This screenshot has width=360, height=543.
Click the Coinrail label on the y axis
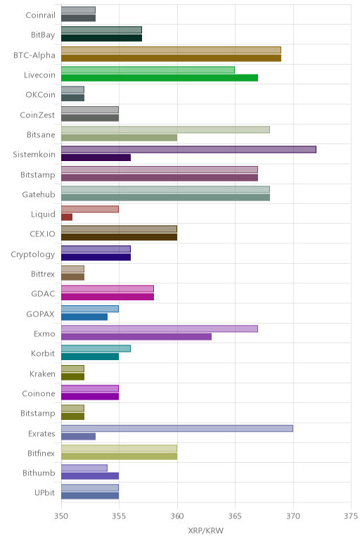click(x=40, y=15)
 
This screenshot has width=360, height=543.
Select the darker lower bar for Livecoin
click(x=160, y=77)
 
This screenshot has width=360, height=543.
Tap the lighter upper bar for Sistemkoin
click(x=188, y=149)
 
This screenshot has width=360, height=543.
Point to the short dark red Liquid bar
click(x=67, y=217)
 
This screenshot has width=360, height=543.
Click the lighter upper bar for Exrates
click(x=177, y=428)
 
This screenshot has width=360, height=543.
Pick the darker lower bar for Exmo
click(x=136, y=337)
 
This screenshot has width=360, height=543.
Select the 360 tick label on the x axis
click(x=177, y=516)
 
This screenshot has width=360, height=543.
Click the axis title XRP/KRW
click(x=206, y=530)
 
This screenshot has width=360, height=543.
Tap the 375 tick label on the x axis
click(x=351, y=516)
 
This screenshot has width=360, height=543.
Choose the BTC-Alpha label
click(x=34, y=55)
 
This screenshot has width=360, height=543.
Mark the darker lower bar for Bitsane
click(x=119, y=137)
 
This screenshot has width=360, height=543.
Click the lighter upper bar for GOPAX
click(x=90, y=309)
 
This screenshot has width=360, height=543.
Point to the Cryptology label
click(x=33, y=255)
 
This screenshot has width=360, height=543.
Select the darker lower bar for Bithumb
click(x=90, y=475)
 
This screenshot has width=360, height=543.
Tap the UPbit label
click(x=45, y=492)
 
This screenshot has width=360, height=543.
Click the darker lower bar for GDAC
click(x=108, y=297)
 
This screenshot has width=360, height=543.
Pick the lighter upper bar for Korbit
click(x=96, y=349)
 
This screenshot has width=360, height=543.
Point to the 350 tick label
click(x=61, y=516)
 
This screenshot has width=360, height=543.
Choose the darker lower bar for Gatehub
click(x=165, y=198)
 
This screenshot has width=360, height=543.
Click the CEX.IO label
click(x=42, y=234)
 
